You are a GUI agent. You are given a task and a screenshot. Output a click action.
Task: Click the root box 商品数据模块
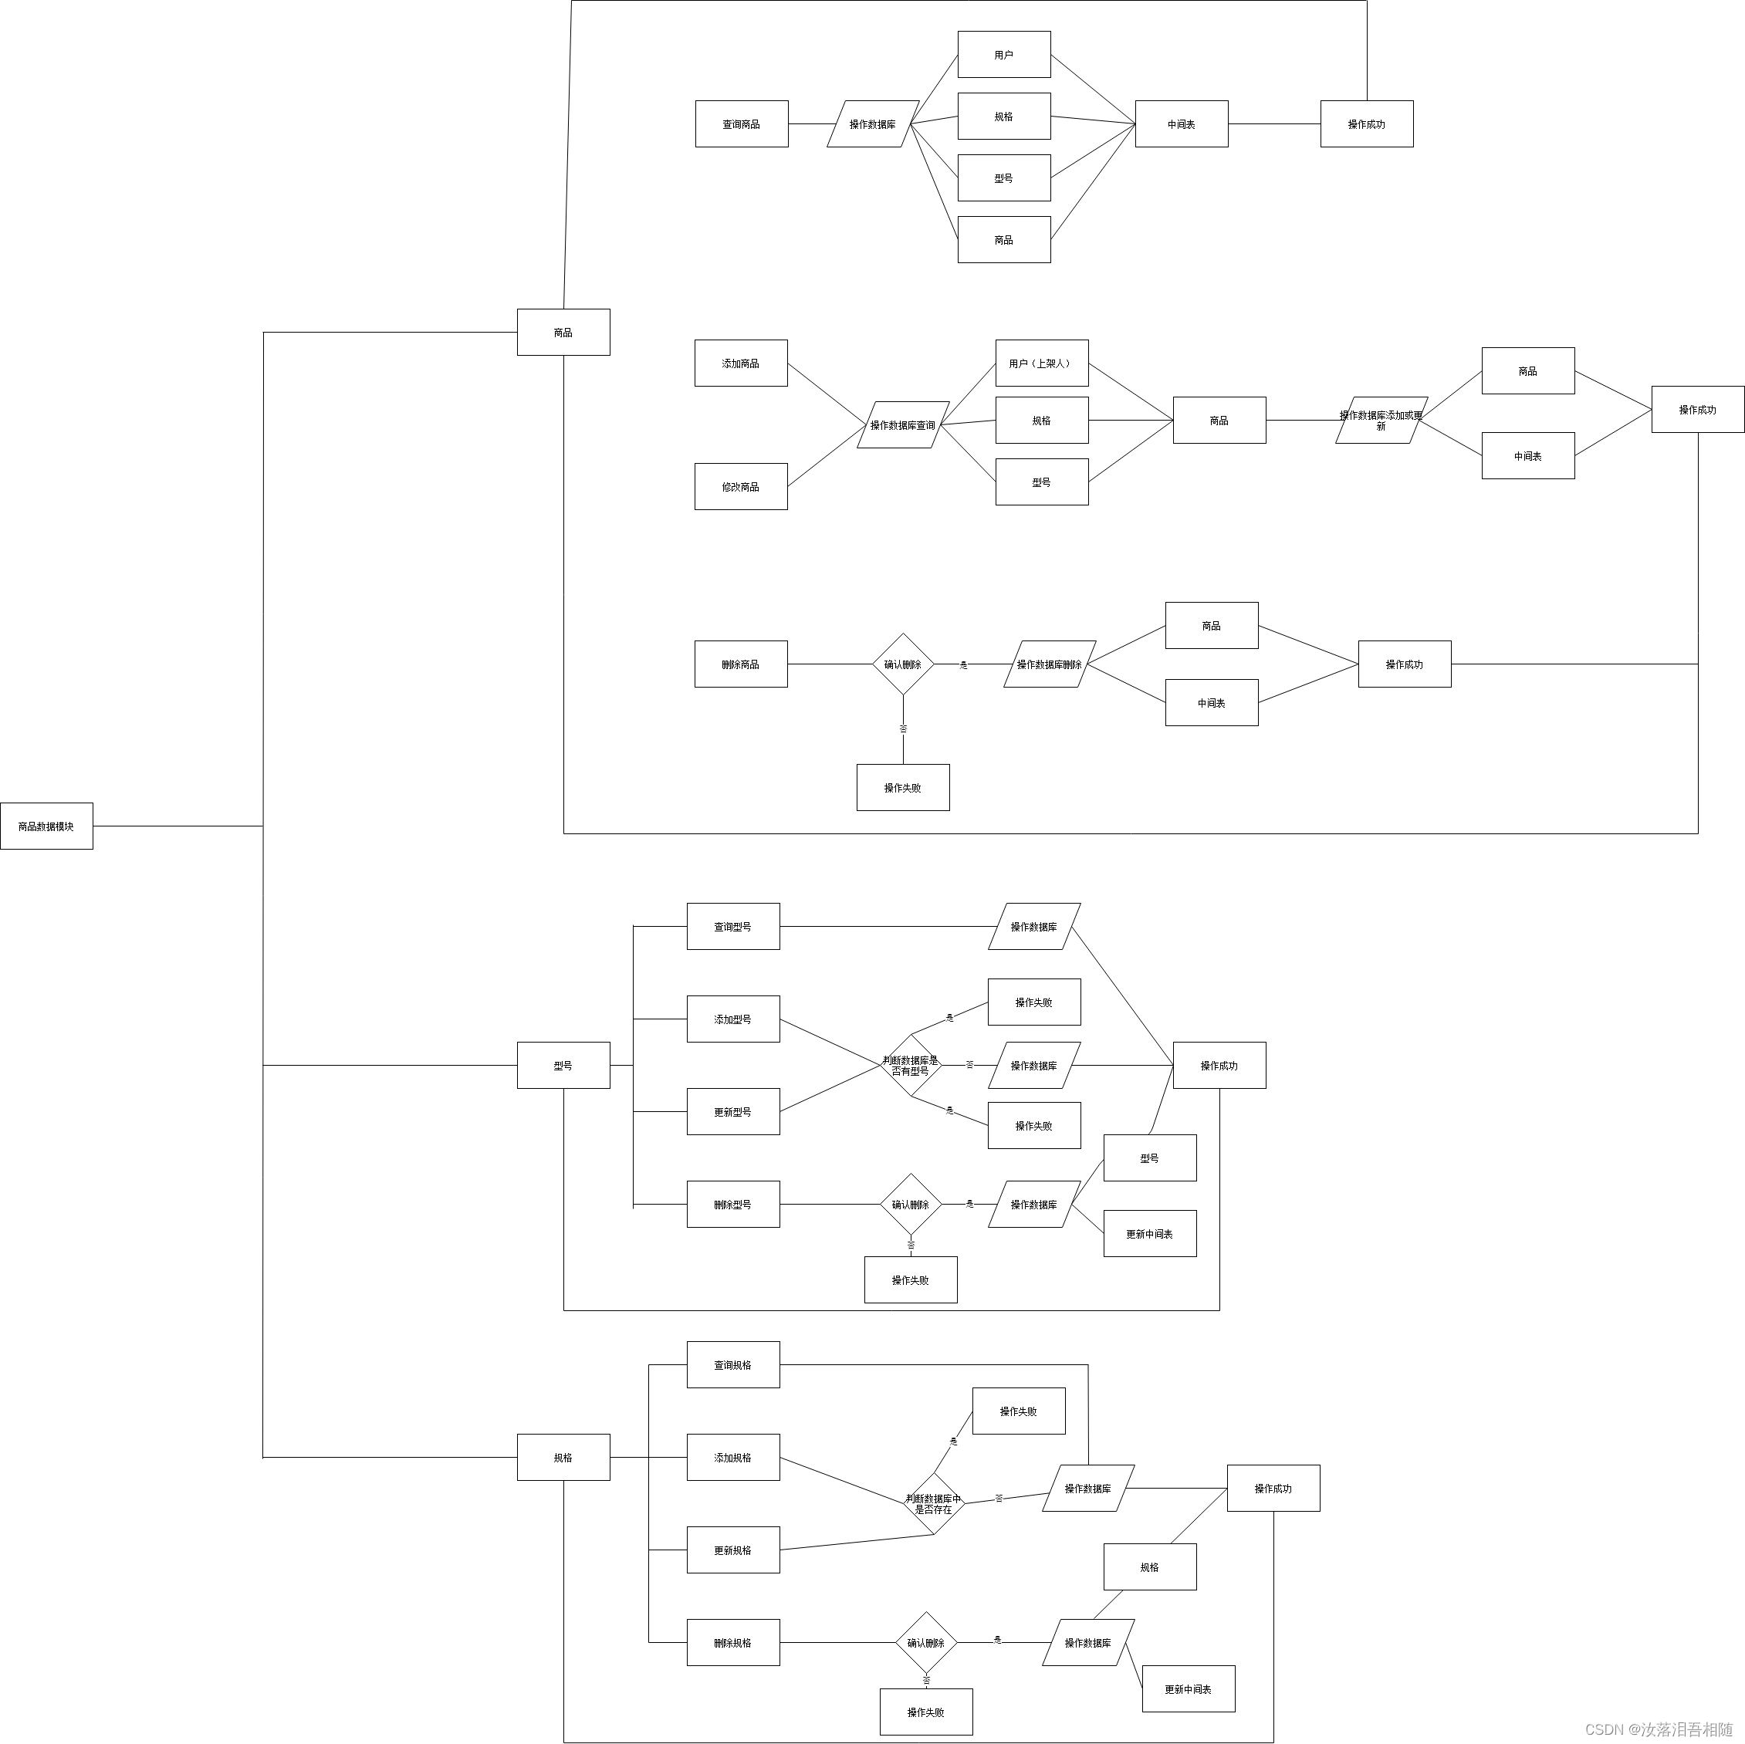pyautogui.click(x=46, y=826)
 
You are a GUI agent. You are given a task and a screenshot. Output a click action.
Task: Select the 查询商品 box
pyautogui.click(x=742, y=123)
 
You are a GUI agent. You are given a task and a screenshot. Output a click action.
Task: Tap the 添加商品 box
pyautogui.click(x=741, y=363)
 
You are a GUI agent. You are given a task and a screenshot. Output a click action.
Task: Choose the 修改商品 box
pyautogui.click(x=741, y=487)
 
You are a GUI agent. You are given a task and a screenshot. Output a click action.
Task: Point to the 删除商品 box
pyautogui.click(x=741, y=664)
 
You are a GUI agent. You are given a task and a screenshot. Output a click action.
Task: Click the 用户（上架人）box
pyautogui.click(x=1041, y=363)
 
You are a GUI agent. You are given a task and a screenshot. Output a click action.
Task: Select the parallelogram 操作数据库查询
pyautogui.click(x=903, y=424)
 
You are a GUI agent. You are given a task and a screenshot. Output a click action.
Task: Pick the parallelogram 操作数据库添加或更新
pyautogui.click(x=1381, y=420)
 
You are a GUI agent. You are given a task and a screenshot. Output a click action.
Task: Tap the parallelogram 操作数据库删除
pyautogui.click(x=1050, y=664)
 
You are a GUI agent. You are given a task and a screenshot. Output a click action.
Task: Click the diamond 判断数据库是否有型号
pyautogui.click(x=911, y=1066)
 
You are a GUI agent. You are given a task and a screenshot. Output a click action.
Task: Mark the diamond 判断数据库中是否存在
pyautogui.click(x=934, y=1504)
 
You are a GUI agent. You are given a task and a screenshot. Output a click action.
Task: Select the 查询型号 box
pyautogui.click(x=732, y=926)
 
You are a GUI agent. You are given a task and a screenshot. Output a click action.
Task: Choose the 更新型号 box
pyautogui.click(x=732, y=1112)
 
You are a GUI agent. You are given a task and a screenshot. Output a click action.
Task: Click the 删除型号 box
pyautogui.click(x=732, y=1204)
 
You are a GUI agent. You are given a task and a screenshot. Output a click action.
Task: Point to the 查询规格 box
pyautogui.click(x=732, y=1364)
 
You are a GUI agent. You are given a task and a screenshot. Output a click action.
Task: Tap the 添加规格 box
pyautogui.click(x=732, y=1458)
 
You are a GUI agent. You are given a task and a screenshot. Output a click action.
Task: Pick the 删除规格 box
pyautogui.click(x=732, y=1643)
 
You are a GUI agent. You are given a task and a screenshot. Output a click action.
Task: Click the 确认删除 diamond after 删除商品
pyautogui.click(x=903, y=664)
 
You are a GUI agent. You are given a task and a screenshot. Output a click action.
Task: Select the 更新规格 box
pyautogui.click(x=732, y=1550)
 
